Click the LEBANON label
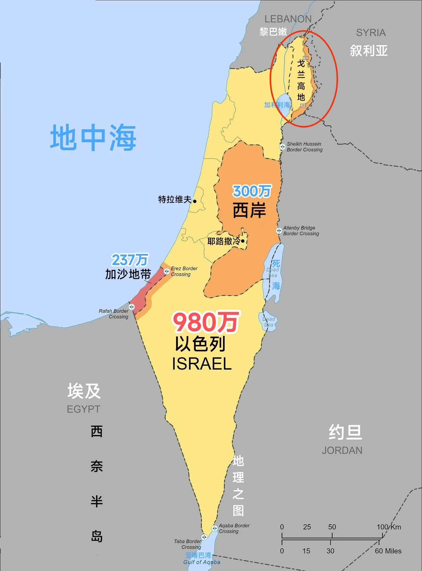pyautogui.click(x=288, y=19)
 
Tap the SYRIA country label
pyautogui.click(x=371, y=33)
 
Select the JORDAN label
pyautogui.click(x=342, y=450)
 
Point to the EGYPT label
pyautogui.click(x=83, y=409)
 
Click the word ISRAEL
pyautogui.click(x=202, y=364)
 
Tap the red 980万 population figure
pyautogui.click(x=206, y=322)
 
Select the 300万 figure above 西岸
pyautogui.click(x=252, y=191)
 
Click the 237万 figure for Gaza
pyautogui.click(x=130, y=260)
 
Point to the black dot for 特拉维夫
pyautogui.click(x=195, y=201)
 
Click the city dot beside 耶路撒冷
pyautogui.click(x=243, y=241)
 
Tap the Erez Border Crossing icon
pyautogui.click(x=166, y=271)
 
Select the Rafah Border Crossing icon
pyautogui.click(x=131, y=307)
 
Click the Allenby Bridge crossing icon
pyautogui.click(x=279, y=231)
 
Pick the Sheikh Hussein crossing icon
pyautogui.click(x=282, y=147)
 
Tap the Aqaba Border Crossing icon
pyautogui.click(x=215, y=528)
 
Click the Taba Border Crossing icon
pyautogui.click(x=204, y=537)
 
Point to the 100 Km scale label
pyautogui.click(x=389, y=527)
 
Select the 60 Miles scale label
pyautogui.click(x=388, y=551)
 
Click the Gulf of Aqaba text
pyautogui.click(x=202, y=562)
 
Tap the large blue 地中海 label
pyautogui.click(x=93, y=138)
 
